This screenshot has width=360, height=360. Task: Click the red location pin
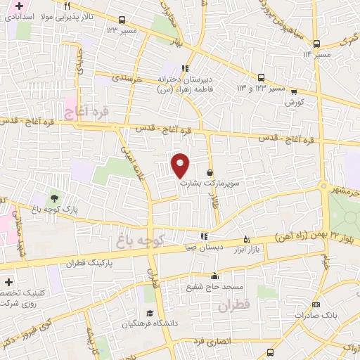point(181,165)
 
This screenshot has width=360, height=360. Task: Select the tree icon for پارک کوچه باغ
point(53,198)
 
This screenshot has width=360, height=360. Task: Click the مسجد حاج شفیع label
point(214,287)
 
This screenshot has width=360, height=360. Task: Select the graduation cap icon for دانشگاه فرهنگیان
point(149,314)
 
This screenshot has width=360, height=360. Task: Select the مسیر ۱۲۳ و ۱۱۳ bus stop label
point(261,88)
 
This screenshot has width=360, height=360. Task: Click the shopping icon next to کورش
point(294,91)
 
